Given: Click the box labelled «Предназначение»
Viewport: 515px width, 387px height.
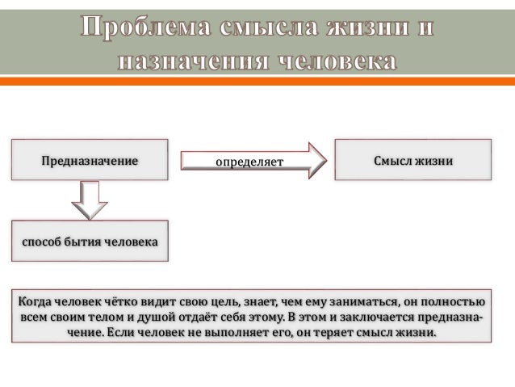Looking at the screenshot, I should coord(90,160).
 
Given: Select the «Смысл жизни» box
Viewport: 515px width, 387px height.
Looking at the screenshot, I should coord(412,160).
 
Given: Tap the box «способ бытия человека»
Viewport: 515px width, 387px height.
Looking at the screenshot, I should coord(90,241).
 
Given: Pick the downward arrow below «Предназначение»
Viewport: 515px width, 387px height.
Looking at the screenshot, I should coord(90,200).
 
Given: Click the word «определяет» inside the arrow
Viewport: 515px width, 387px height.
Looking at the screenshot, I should coord(249,162).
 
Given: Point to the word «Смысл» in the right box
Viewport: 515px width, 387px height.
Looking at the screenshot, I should coord(393,160).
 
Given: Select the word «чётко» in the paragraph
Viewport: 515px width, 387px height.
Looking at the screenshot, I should coord(125,301).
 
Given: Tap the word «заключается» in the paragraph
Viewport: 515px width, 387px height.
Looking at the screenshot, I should coord(374,317).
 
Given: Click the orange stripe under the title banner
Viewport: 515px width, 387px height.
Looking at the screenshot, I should coord(257,81).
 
